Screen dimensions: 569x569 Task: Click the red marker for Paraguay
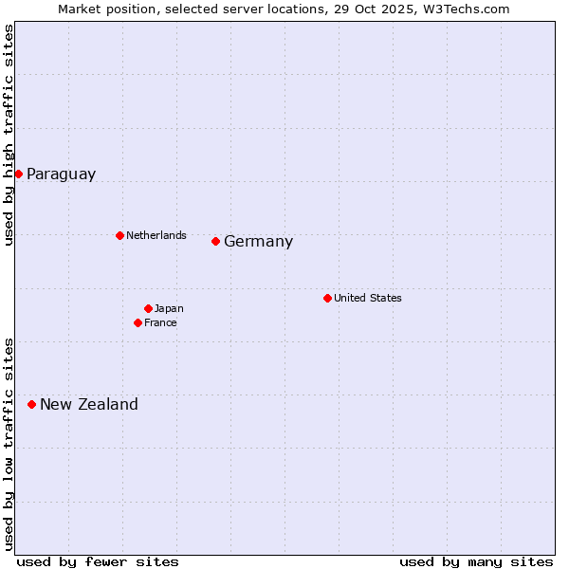coord(18,174)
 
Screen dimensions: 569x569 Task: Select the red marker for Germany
coord(215,241)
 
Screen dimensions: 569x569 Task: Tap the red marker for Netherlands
coord(119,235)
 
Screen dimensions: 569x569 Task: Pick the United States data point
coord(327,298)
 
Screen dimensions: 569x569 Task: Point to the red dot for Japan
coord(148,308)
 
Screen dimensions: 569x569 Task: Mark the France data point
coord(138,322)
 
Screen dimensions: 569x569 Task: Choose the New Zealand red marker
coord(31,404)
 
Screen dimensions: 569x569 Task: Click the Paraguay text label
coord(61,174)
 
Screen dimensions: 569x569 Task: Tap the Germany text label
coord(258,242)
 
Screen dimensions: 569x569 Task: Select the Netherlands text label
coord(156,235)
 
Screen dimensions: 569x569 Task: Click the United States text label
coord(368,298)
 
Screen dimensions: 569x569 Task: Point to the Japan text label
coord(169,308)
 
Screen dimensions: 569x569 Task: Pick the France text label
coord(160,322)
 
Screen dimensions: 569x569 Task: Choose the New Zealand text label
coord(89,405)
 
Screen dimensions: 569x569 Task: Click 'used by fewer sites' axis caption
coord(98,561)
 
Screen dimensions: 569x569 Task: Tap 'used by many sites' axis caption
coord(476,561)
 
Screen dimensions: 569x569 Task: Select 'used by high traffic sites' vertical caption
coord(9,135)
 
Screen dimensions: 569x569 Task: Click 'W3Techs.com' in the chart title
coord(471,9)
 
